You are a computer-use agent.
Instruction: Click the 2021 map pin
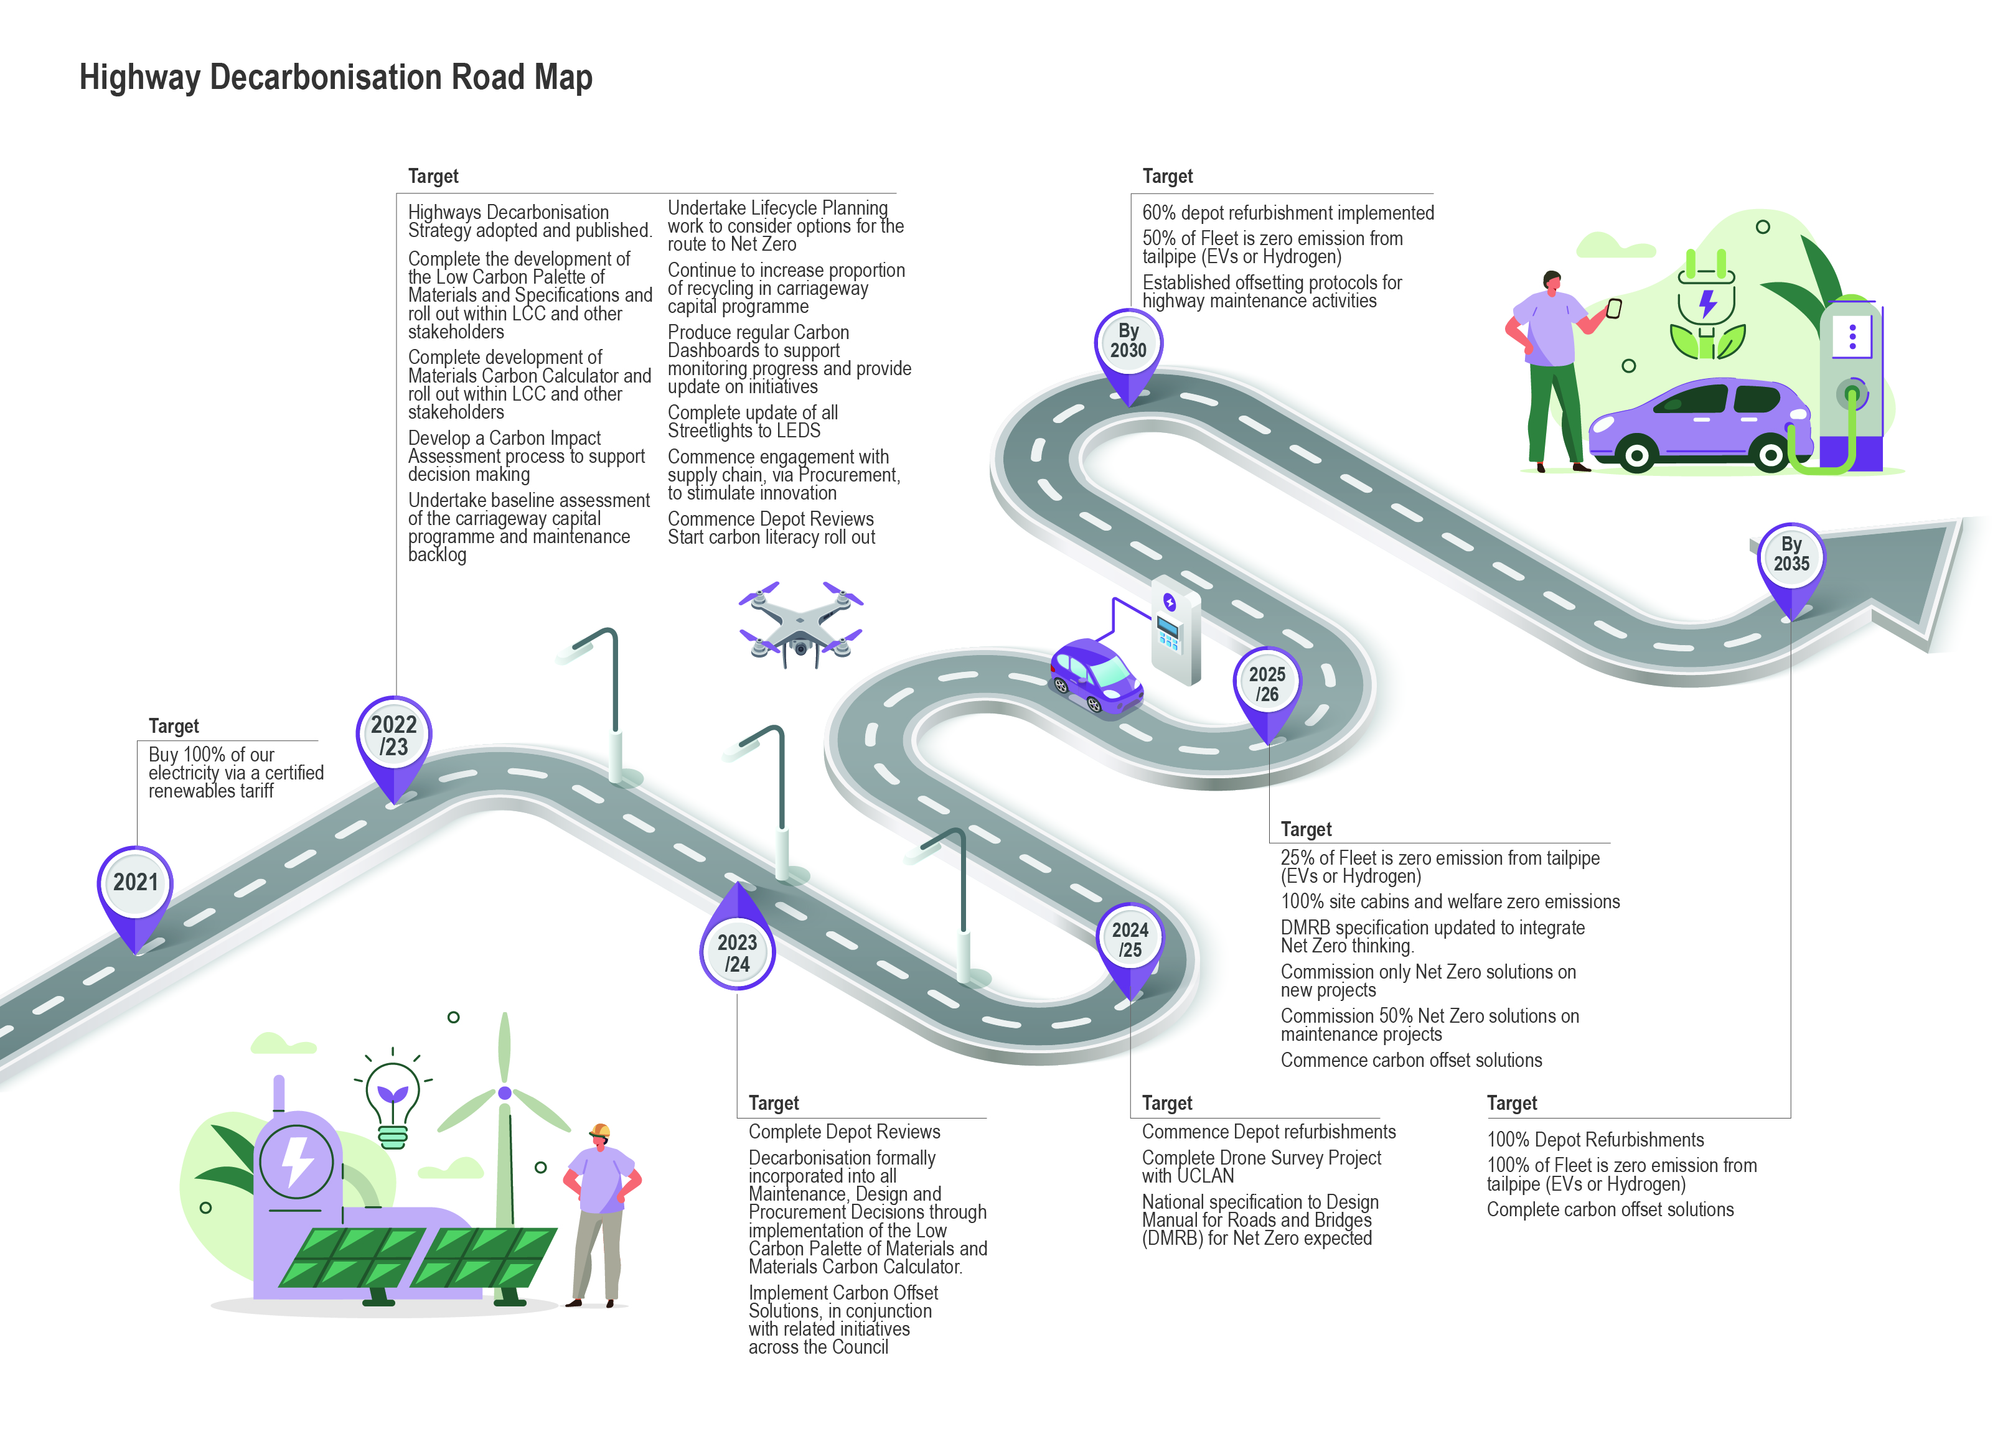point(134,885)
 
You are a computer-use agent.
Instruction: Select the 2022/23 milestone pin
point(394,737)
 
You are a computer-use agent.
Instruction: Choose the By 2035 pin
point(1790,556)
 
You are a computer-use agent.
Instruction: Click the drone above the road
point(800,624)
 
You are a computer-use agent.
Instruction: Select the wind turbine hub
point(505,1093)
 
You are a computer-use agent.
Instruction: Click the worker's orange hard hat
point(600,1130)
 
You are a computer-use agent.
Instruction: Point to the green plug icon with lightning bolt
point(1707,305)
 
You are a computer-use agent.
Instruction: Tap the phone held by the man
point(1614,309)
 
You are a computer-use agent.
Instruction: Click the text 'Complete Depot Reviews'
point(844,1132)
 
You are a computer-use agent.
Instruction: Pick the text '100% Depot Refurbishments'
point(1595,1140)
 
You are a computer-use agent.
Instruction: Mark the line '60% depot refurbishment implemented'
point(1287,213)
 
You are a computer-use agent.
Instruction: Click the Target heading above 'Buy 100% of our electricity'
point(174,727)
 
